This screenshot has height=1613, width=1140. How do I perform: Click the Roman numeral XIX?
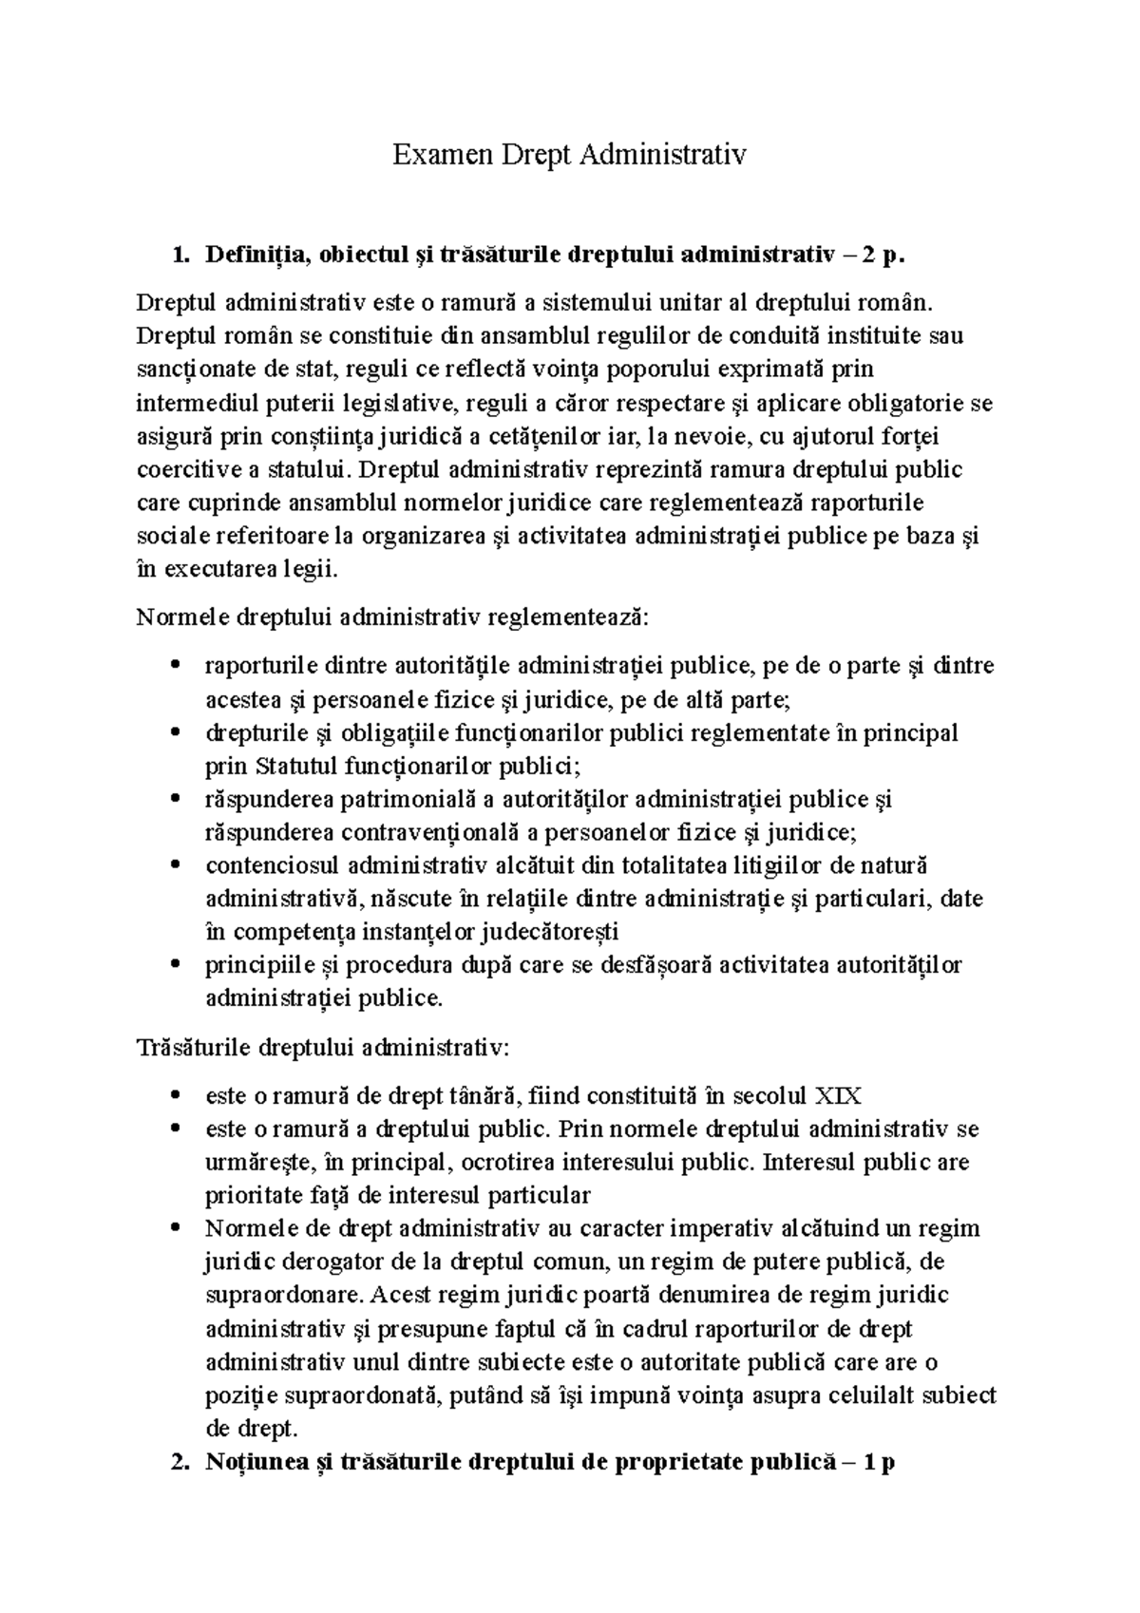(x=838, y=1096)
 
